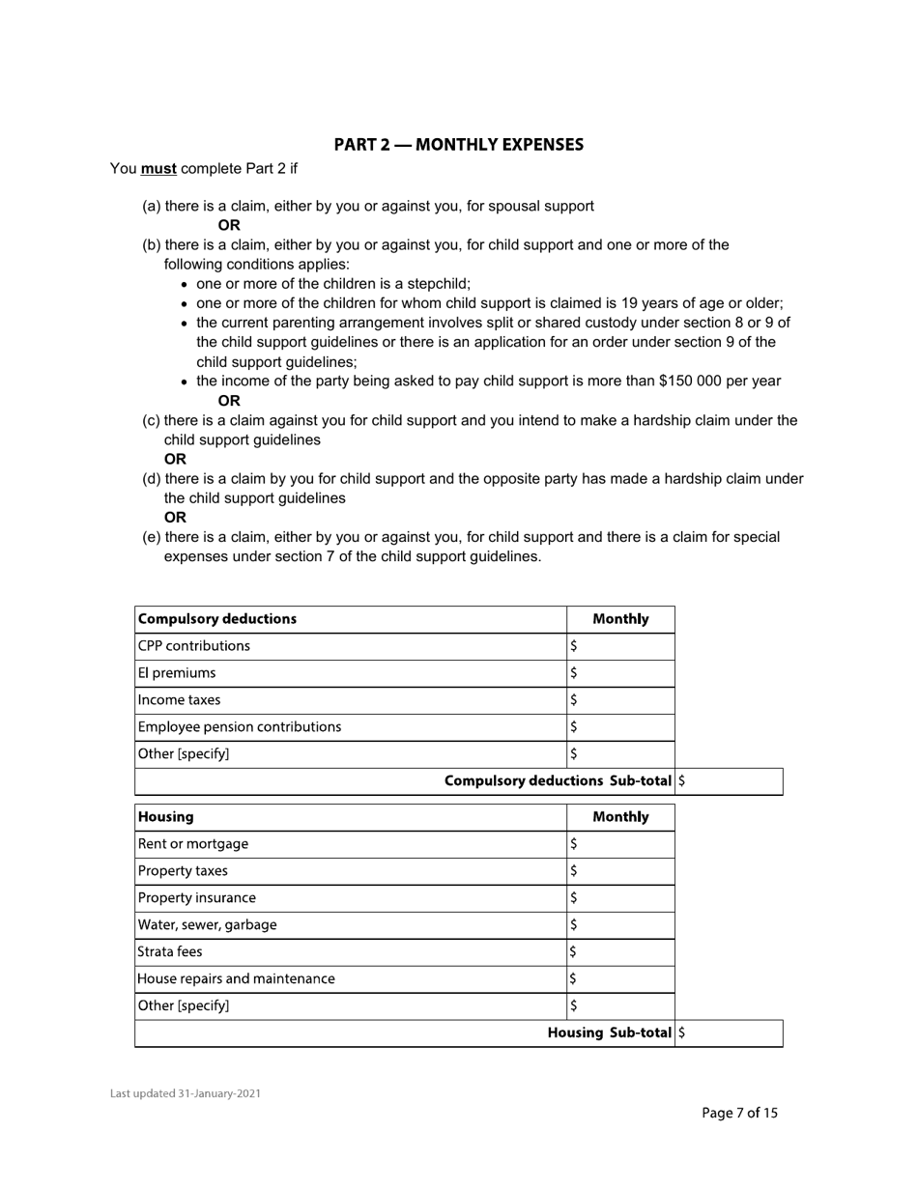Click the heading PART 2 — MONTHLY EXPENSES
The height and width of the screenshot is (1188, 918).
pos(458,145)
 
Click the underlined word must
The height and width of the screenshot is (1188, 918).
pos(158,169)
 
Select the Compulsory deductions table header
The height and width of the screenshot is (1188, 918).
pos(217,619)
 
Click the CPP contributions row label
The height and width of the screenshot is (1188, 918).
pos(194,646)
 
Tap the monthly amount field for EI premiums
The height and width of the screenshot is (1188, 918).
pos(620,673)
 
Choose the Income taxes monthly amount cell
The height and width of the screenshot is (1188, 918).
pos(620,700)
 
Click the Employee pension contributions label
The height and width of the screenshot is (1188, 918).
pos(240,727)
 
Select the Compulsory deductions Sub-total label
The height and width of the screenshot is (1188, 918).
pos(558,781)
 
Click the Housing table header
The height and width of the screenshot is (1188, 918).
pos(166,817)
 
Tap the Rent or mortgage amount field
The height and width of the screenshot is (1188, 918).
pos(620,844)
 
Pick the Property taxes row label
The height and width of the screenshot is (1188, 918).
pos(184,871)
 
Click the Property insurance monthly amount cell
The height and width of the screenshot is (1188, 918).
pos(620,898)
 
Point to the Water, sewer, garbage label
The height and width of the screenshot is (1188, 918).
pos(208,925)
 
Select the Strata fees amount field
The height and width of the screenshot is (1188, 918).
pos(620,952)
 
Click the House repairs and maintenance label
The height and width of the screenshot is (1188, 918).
pos(237,979)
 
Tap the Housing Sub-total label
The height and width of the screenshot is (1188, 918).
pos(610,1033)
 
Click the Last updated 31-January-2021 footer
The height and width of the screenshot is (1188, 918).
pos(185,1094)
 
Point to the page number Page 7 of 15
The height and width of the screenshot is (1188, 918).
pos(739,1114)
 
